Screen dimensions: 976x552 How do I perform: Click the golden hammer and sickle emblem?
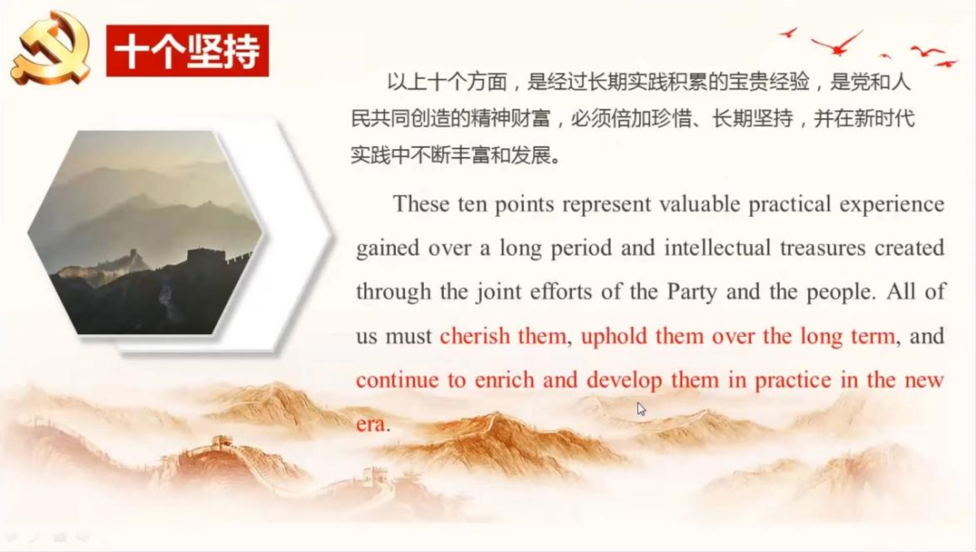[51, 49]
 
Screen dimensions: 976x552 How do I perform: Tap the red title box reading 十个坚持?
[187, 51]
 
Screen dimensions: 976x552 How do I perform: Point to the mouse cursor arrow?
[642, 409]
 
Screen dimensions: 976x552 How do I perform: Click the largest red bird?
[837, 43]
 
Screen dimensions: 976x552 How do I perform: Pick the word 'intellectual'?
[718, 248]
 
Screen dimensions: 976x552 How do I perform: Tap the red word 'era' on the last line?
[371, 425]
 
